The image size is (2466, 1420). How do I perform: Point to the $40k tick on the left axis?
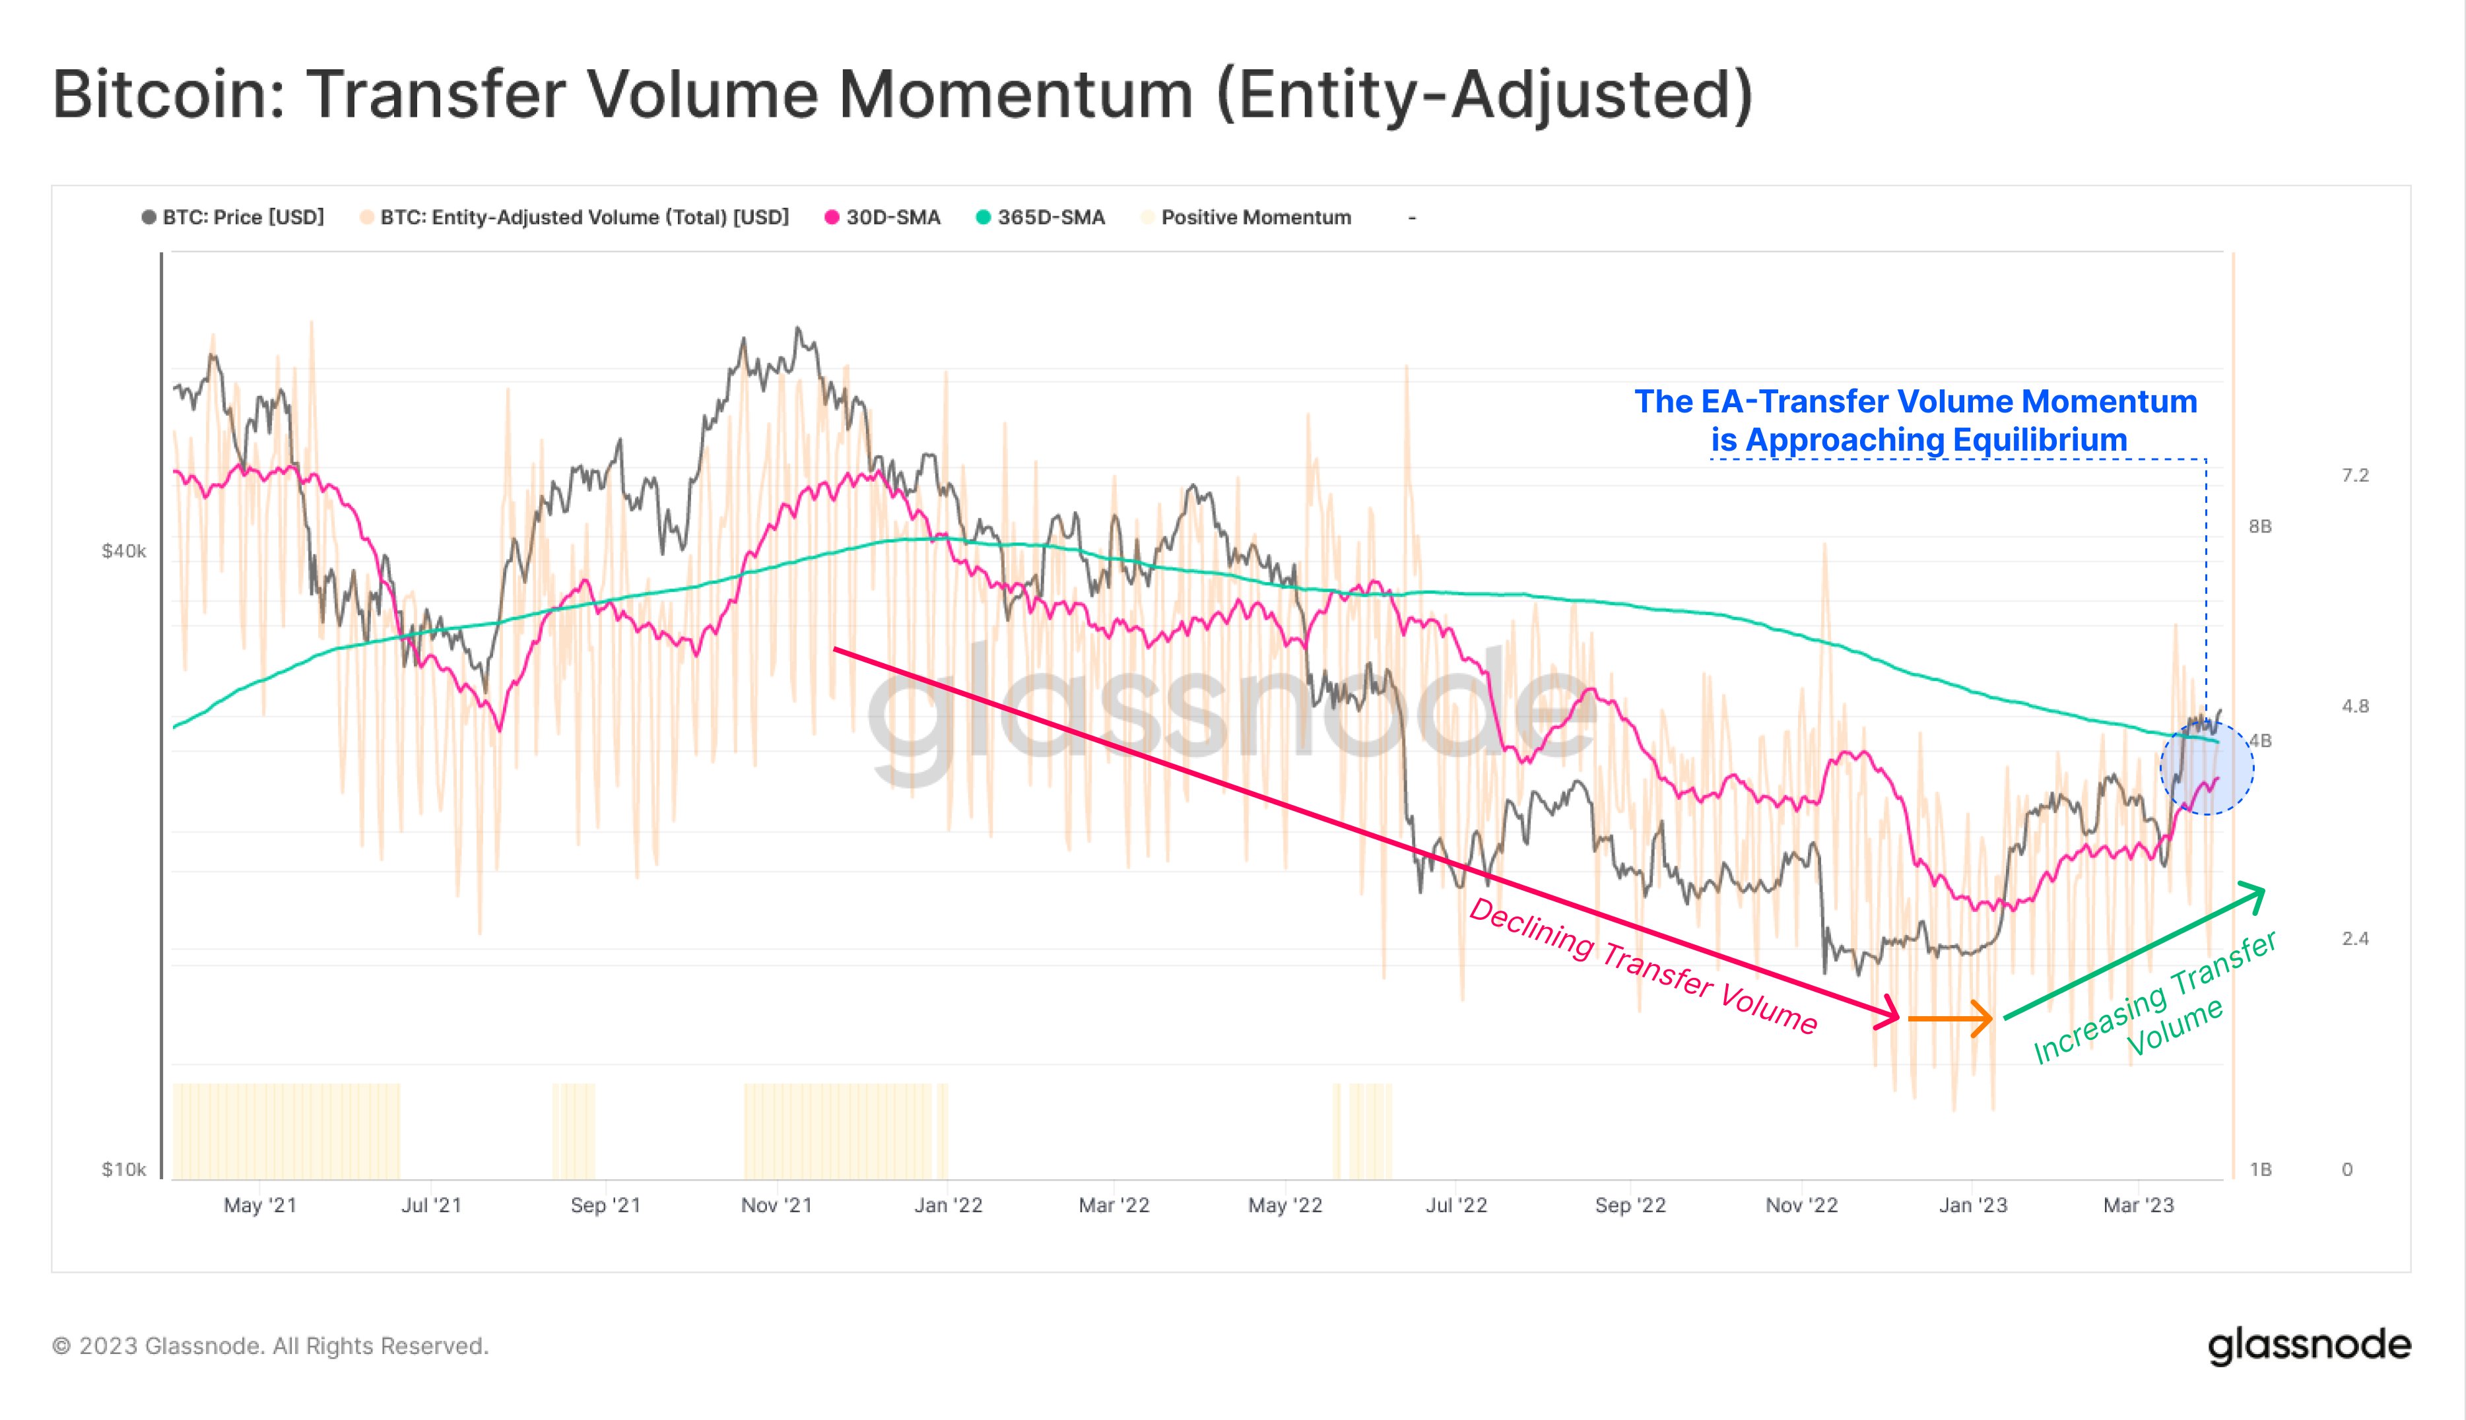click(x=124, y=551)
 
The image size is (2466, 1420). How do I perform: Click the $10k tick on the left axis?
click(x=124, y=1169)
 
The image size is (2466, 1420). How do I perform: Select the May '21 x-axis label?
click(x=259, y=1206)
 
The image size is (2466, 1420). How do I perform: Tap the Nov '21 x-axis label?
click(x=776, y=1206)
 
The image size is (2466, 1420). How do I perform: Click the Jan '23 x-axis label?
click(x=1972, y=1206)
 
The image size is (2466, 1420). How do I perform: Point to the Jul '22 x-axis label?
click(x=1456, y=1206)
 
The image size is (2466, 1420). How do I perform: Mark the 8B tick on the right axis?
click(x=2260, y=527)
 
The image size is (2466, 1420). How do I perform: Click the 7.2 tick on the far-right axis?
click(x=2355, y=475)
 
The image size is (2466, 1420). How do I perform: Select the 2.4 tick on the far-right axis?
click(x=2355, y=938)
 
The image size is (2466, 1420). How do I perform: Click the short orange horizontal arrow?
click(x=1950, y=1019)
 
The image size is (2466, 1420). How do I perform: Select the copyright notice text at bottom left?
click(x=270, y=1346)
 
